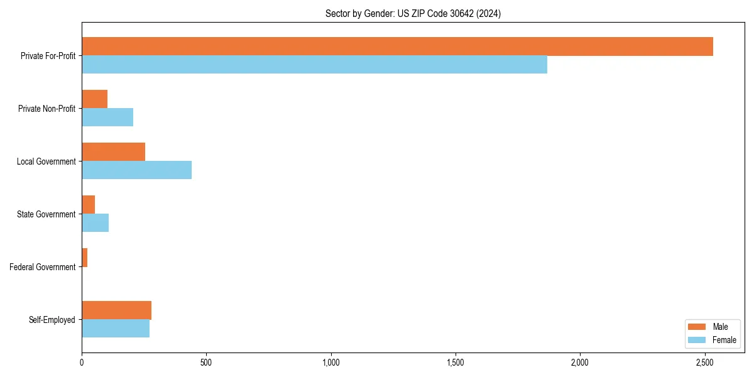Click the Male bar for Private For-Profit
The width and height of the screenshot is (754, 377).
pyautogui.click(x=397, y=46)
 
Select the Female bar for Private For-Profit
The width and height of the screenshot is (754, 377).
pyautogui.click(x=314, y=65)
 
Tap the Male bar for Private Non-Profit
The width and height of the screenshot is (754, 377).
pyautogui.click(x=95, y=99)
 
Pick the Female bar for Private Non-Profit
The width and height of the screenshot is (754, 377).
pyautogui.click(x=107, y=117)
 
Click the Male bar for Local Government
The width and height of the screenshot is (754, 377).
pyautogui.click(x=114, y=152)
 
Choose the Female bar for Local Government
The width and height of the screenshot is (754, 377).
pyautogui.click(x=137, y=170)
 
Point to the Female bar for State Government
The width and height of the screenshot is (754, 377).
pyautogui.click(x=96, y=223)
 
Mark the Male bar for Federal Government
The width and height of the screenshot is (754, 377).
pyautogui.click(x=85, y=258)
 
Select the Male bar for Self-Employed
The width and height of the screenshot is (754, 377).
pyautogui.click(x=117, y=310)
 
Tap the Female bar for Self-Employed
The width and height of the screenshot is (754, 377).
pyautogui.click(x=116, y=329)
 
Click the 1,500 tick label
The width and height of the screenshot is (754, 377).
pyautogui.click(x=456, y=363)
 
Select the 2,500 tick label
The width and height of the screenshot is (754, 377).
pyautogui.click(x=704, y=363)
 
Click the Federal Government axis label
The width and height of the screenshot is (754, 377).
pyautogui.click(x=43, y=267)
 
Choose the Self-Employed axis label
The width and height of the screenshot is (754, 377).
pyautogui.click(x=52, y=320)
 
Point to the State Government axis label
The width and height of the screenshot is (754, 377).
pyautogui.click(x=46, y=214)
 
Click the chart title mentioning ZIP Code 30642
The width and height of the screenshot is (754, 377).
pyautogui.click(x=413, y=13)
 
